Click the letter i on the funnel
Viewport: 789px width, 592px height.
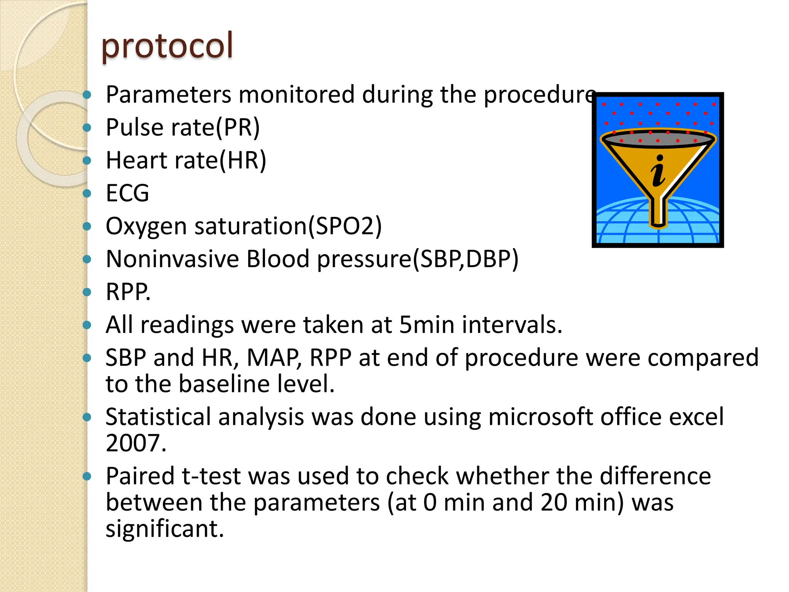pos(658,171)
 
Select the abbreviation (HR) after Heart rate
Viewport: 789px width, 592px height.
pos(243,160)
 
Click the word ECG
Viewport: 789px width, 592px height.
pos(127,193)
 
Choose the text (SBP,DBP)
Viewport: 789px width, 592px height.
pos(465,259)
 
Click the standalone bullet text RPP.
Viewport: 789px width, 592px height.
pos(128,292)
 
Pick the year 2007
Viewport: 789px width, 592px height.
pos(136,443)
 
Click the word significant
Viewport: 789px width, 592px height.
pos(165,529)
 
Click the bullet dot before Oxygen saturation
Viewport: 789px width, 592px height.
pos(87,226)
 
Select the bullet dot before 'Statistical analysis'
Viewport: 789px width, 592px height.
pos(87,417)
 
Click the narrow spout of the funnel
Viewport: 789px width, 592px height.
pos(658,212)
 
